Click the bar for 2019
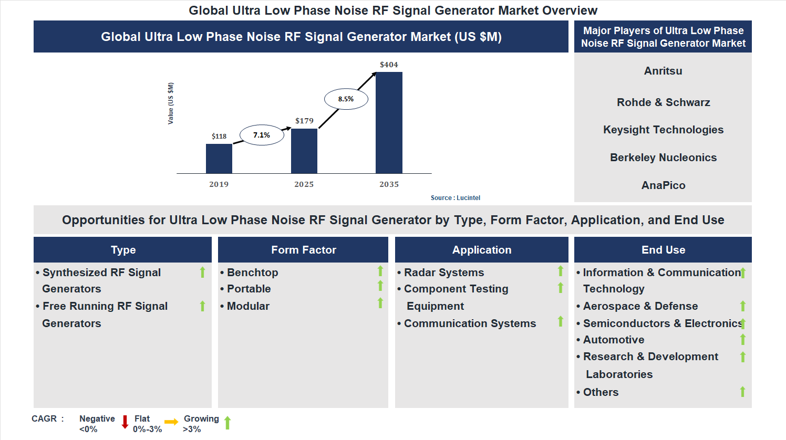(219, 159)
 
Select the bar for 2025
(304, 151)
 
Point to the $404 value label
(389, 65)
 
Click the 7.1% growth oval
(262, 135)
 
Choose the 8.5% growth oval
(346, 99)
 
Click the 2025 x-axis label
(304, 184)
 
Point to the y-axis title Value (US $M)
(171, 103)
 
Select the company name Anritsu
(663, 71)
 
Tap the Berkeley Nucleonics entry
(663, 158)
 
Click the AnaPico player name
(663, 185)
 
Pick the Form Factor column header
(303, 250)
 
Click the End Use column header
(663, 250)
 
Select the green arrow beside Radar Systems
(561, 271)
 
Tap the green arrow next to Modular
(380, 303)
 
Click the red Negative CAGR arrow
(125, 422)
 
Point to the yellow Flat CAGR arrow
(171, 422)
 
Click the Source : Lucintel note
(455, 198)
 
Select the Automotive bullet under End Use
(614, 340)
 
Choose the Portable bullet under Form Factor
(249, 289)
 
